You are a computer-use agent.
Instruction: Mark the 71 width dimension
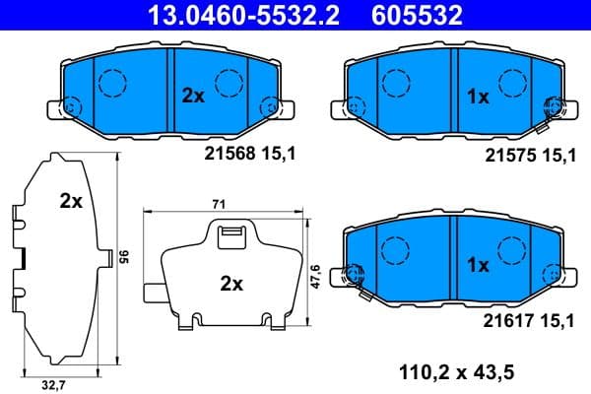219,203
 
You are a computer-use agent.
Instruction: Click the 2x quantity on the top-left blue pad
193,96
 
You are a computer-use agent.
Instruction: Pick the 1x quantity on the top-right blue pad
477,97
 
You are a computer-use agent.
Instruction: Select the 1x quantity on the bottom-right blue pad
477,264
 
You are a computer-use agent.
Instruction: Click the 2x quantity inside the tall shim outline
70,202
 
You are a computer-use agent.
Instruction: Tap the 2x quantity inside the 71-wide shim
230,284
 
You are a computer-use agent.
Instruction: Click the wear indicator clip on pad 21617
358,281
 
